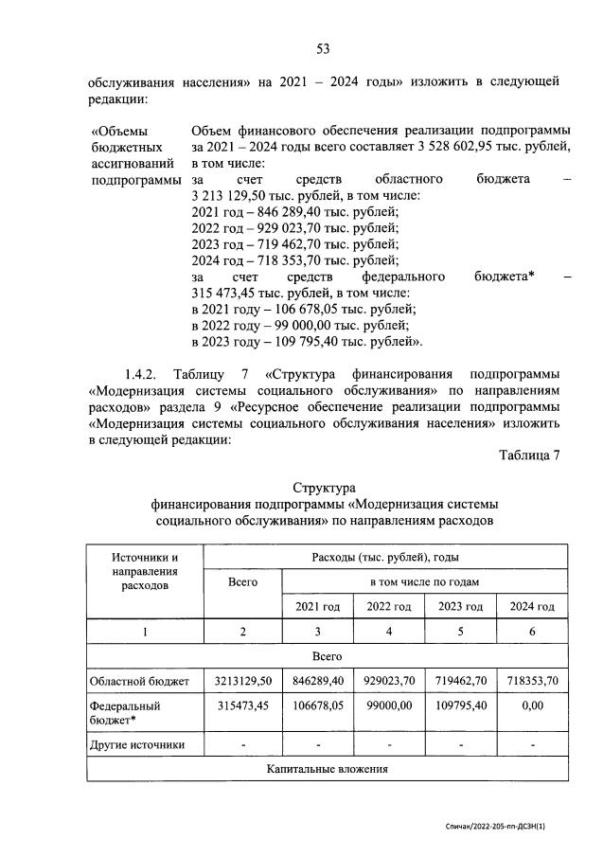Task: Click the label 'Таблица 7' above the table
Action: click(529, 455)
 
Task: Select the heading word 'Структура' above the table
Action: click(323, 487)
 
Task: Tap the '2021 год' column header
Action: click(317, 606)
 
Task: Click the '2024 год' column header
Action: click(532, 606)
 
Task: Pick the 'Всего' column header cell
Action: click(243, 581)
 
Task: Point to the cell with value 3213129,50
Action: click(243, 680)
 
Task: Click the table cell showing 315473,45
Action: click(243, 706)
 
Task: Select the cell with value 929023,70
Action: click(389, 680)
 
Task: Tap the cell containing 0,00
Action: click(532, 706)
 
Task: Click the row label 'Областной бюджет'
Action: click(139, 680)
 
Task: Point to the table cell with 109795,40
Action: click(461, 706)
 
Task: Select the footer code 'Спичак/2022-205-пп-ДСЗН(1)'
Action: click(495, 827)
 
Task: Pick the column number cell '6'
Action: click(532, 631)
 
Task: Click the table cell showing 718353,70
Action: click(532, 680)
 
